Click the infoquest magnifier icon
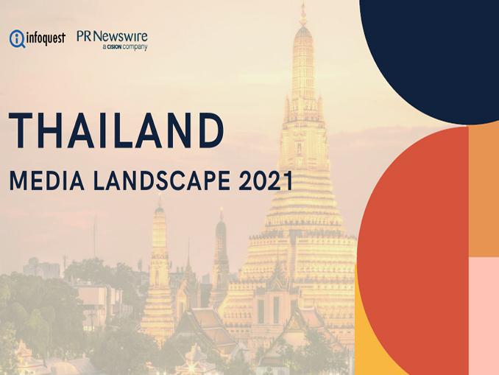pyautogui.click(x=17, y=38)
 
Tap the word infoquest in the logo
pyautogui.click(x=46, y=38)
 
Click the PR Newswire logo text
pyautogui.click(x=112, y=37)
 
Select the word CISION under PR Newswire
pyautogui.click(x=115, y=47)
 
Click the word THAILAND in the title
pyautogui.click(x=116, y=130)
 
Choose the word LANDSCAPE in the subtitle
pyautogui.click(x=161, y=181)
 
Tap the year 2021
pyautogui.click(x=266, y=181)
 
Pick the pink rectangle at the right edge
pyautogui.click(x=484, y=315)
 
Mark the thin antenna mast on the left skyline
pyautogui.click(x=94, y=237)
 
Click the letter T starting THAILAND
pyautogui.click(x=21, y=130)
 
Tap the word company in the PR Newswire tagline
pyautogui.click(x=135, y=47)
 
